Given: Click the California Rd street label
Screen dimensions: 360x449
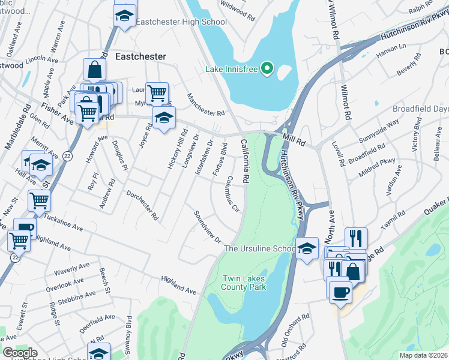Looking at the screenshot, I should coord(246,161).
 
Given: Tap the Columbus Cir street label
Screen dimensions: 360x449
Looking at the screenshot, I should coord(233,194).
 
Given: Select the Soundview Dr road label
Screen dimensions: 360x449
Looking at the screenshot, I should coord(207,227).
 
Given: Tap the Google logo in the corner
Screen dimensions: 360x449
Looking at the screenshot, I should coord(20,353).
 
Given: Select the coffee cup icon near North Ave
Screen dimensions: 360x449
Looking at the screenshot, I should coord(340,292).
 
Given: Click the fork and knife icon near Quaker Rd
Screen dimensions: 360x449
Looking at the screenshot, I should coord(356,238).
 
